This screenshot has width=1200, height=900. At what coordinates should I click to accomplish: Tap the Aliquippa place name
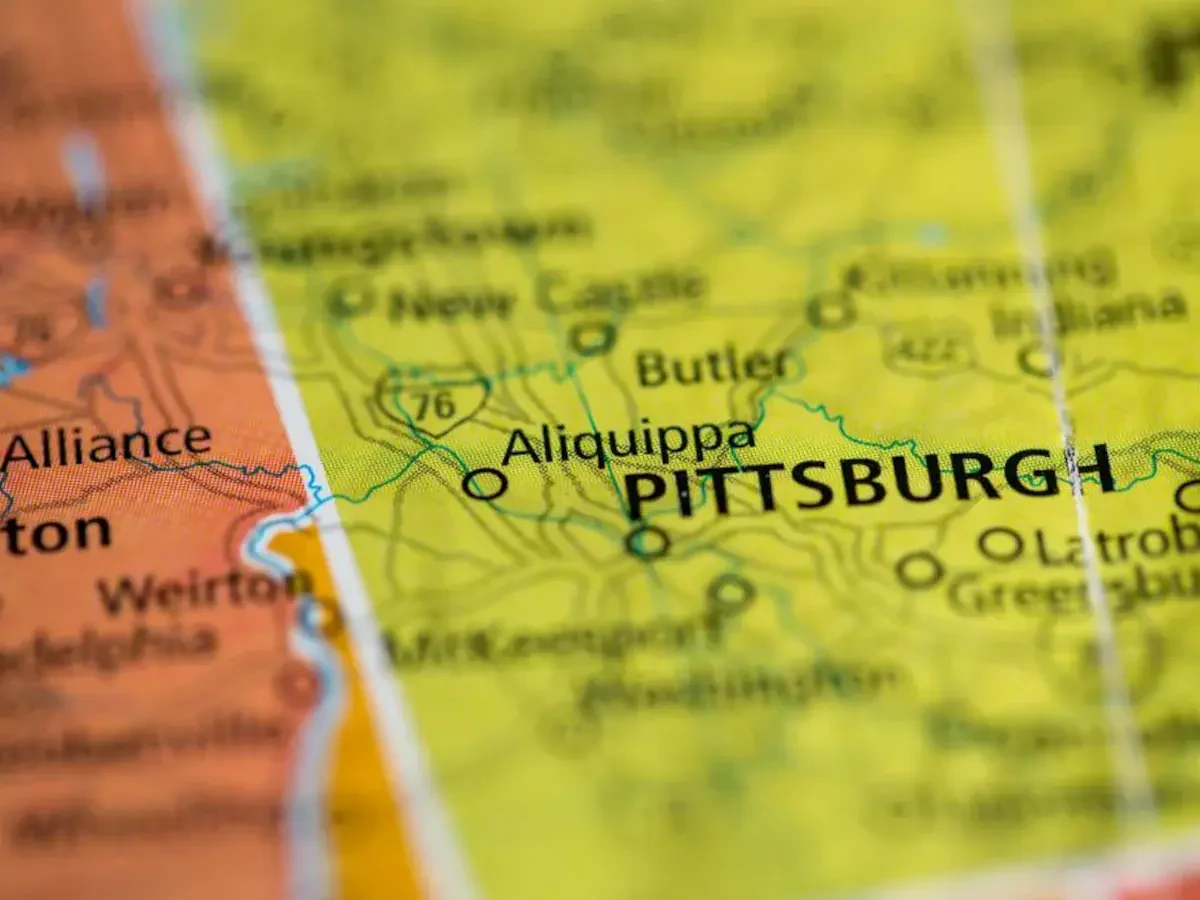pyautogui.click(x=628, y=441)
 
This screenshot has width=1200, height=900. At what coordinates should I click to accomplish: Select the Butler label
pyautogui.click(x=713, y=366)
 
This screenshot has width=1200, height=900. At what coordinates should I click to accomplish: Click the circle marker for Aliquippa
pyautogui.click(x=484, y=485)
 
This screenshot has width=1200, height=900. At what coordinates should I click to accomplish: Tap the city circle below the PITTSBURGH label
pyautogui.click(x=647, y=541)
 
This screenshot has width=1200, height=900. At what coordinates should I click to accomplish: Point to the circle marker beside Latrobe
pyautogui.click(x=999, y=544)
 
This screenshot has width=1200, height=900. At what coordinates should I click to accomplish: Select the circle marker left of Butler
pyautogui.click(x=592, y=337)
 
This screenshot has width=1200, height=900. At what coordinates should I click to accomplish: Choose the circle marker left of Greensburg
pyautogui.click(x=919, y=570)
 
